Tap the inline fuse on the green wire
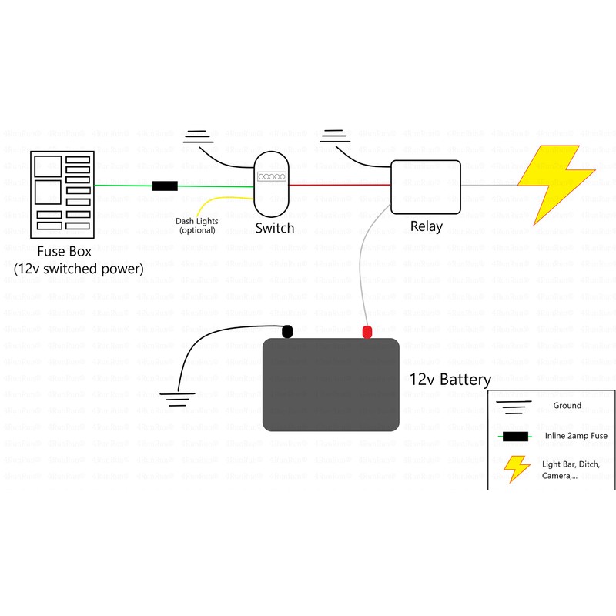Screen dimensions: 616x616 tap(165, 186)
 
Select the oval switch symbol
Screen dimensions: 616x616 tap(272, 185)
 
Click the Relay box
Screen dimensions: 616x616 tap(425, 186)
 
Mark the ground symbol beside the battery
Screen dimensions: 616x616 tap(179, 398)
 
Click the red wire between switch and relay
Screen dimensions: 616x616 tap(339, 185)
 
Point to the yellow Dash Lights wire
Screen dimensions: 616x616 tap(219, 201)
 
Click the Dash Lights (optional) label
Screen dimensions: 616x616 tap(198, 226)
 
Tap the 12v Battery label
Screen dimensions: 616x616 tap(450, 380)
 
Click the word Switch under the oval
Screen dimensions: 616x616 tap(274, 228)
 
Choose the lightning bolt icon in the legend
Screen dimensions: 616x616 tap(516, 468)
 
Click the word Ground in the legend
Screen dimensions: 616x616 tap(567, 405)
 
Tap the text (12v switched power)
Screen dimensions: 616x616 tap(79, 269)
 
